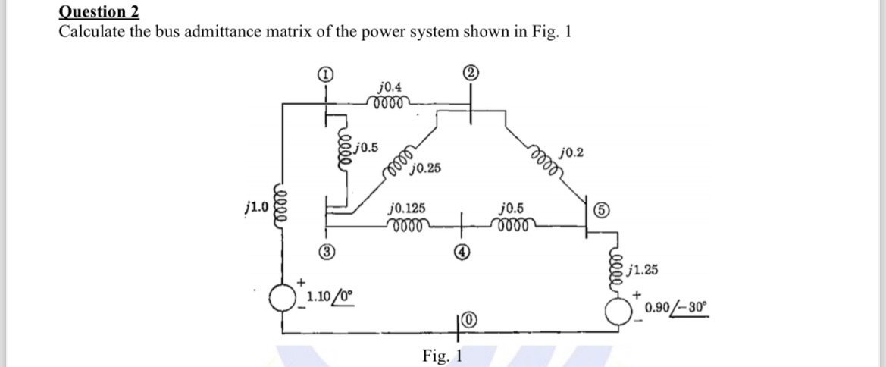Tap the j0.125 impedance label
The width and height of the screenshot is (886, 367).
[407, 207]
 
